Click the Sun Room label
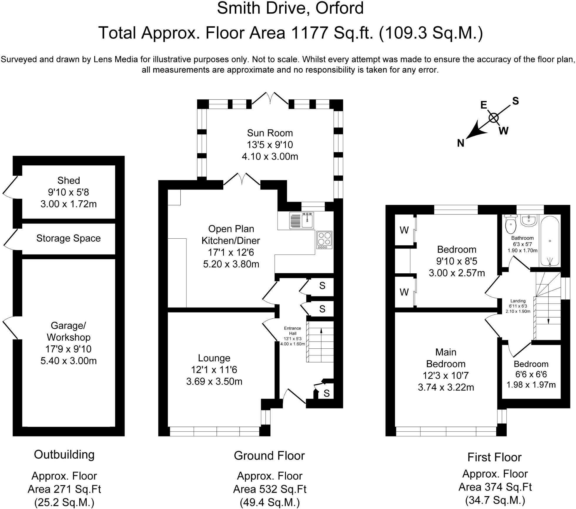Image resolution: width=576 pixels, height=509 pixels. [x=270, y=133]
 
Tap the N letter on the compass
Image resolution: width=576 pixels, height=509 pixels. [x=461, y=143]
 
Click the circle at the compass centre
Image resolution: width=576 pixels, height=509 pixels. [x=494, y=118]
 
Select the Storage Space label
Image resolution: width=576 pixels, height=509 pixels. [x=68, y=238]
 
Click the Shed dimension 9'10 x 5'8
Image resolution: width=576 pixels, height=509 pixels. [x=68, y=192]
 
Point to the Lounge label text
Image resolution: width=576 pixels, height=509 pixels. [x=214, y=358]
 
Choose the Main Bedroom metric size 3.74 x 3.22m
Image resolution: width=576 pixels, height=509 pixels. [x=446, y=387]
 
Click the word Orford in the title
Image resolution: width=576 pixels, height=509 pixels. [x=339, y=8]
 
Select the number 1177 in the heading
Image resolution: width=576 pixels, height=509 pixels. [x=309, y=33]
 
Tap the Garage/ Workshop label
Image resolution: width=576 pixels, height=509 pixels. [x=68, y=331]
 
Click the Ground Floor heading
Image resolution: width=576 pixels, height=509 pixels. [x=269, y=455]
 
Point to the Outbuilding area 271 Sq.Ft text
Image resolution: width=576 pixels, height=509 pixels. [x=64, y=489]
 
